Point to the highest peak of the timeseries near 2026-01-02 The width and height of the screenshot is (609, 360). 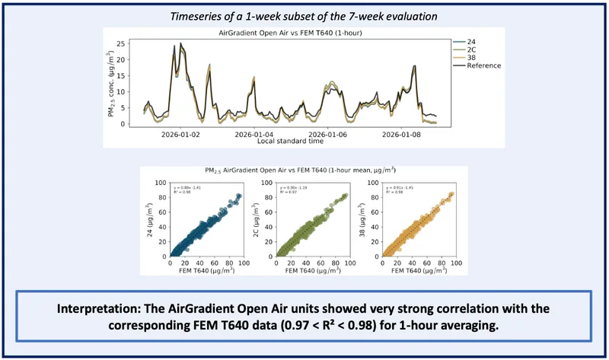pyautogui.click(x=174, y=46)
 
